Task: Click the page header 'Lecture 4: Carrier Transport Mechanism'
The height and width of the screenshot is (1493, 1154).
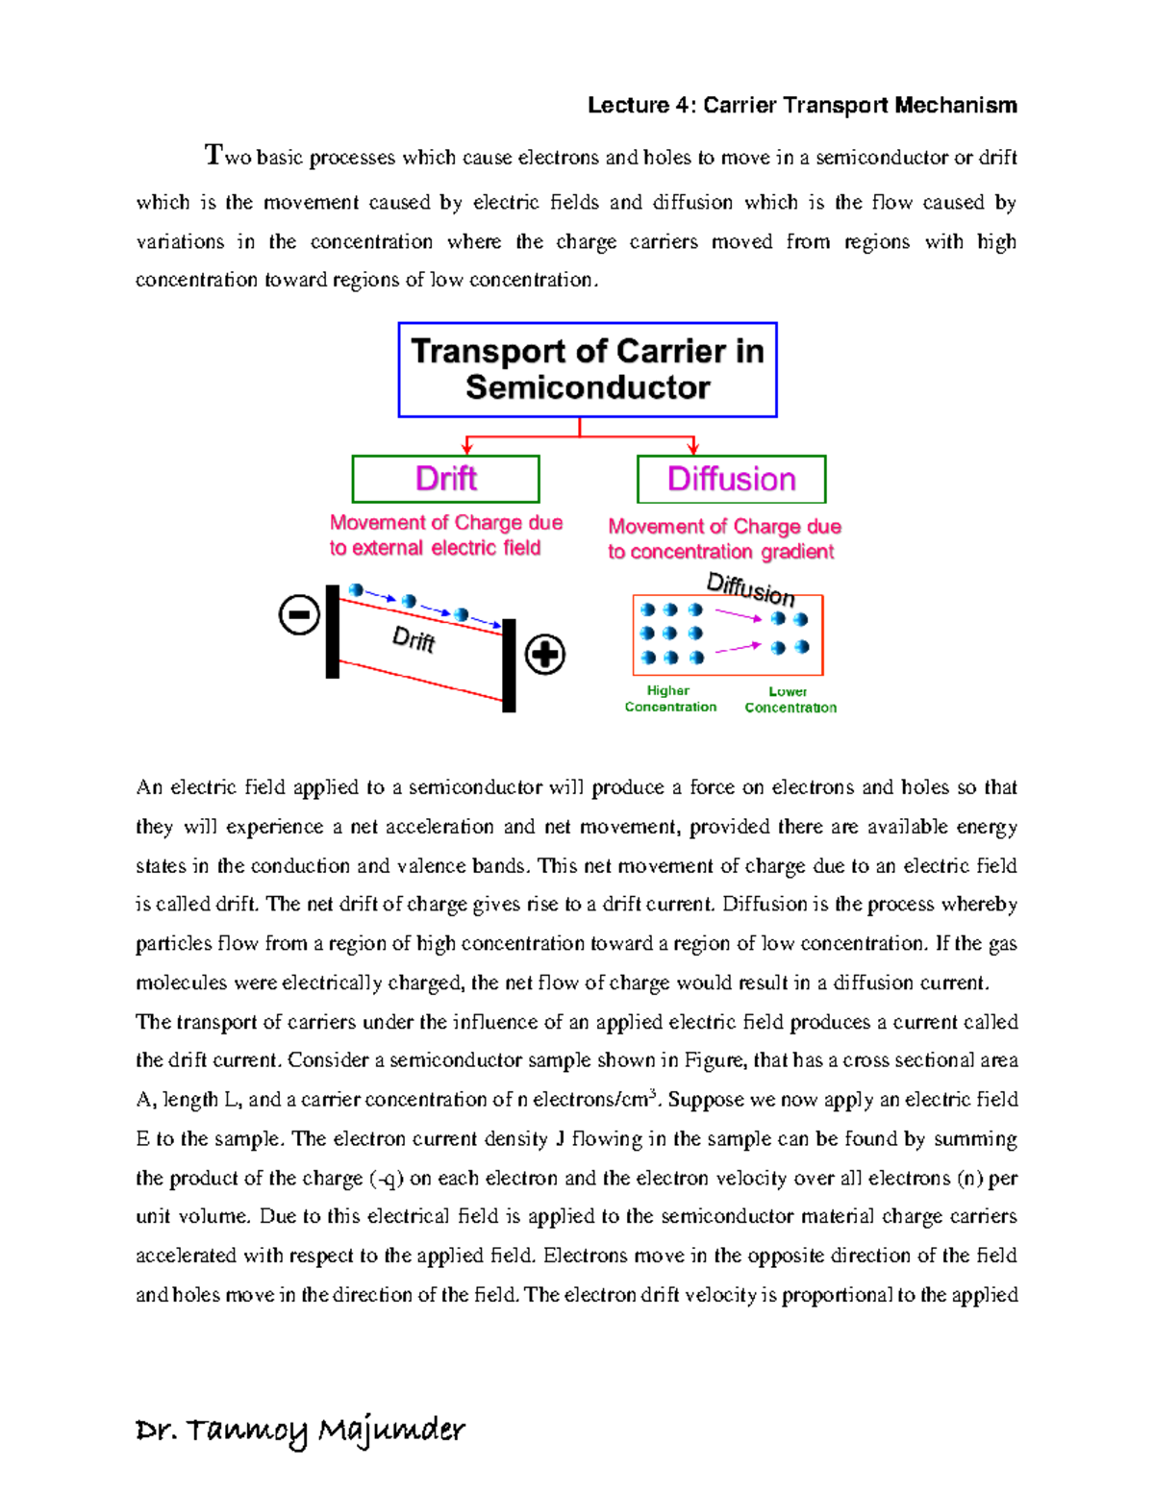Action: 802,105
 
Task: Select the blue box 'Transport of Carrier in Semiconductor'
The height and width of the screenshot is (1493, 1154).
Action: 588,369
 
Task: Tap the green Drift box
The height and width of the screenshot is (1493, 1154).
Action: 445,479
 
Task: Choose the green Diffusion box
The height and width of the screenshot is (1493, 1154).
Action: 731,479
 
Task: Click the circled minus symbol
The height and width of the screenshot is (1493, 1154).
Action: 299,614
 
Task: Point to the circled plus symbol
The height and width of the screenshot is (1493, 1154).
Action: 545,655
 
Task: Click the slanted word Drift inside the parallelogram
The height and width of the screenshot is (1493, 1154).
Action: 414,638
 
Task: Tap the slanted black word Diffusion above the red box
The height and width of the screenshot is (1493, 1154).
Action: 750,588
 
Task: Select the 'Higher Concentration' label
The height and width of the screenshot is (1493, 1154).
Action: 670,699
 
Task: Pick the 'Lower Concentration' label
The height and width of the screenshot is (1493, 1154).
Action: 790,700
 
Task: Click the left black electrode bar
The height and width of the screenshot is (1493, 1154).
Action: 333,632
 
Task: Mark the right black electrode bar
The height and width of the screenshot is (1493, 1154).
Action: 510,665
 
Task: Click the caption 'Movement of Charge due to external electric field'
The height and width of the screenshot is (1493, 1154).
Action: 445,535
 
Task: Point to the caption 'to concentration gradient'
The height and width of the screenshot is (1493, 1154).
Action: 720,552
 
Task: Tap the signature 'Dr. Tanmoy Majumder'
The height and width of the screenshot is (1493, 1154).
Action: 300,1431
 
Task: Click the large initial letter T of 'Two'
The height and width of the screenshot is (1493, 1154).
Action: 213,154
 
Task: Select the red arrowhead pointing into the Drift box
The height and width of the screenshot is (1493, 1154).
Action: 467,449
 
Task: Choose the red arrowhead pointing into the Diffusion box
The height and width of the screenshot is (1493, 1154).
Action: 692,449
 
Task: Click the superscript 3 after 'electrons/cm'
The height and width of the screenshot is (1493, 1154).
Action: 653,1092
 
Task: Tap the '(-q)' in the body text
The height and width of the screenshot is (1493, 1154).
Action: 387,1178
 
